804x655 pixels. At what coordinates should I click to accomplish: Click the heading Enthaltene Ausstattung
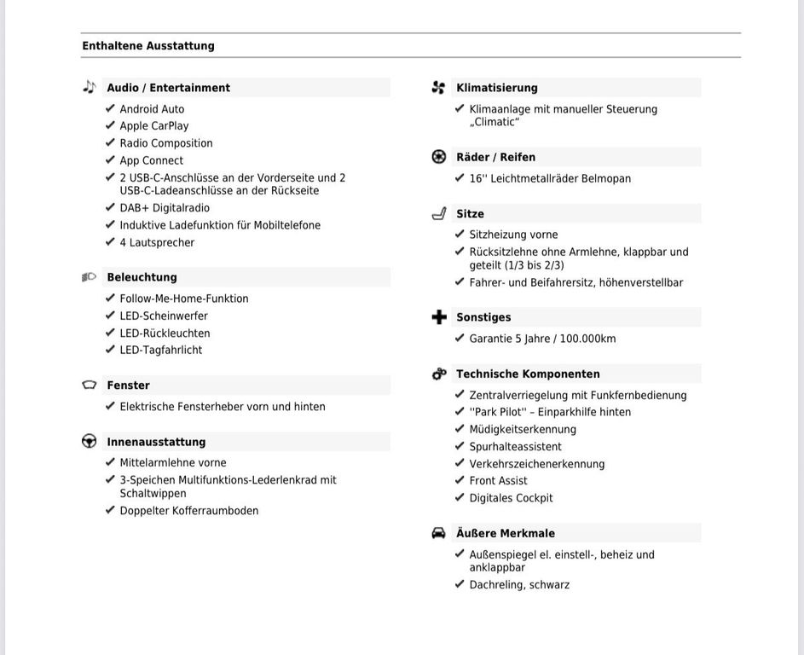[148, 46]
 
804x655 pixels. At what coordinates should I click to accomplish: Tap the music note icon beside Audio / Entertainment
[90, 87]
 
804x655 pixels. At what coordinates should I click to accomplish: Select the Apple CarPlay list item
[154, 126]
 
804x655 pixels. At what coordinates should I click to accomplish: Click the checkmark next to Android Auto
[110, 108]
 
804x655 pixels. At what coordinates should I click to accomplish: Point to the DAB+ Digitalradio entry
[165, 208]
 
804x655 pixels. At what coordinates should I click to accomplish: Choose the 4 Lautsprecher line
[157, 243]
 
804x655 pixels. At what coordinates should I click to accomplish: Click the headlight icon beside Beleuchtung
[89, 277]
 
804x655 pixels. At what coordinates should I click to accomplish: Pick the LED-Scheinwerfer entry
[164, 316]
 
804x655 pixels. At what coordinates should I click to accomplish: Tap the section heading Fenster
[128, 385]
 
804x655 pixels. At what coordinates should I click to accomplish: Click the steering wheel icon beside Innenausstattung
[89, 441]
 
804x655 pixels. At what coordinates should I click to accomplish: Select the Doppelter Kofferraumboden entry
[189, 511]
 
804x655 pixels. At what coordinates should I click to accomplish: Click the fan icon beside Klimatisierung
[439, 87]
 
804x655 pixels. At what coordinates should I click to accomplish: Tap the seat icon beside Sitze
[439, 213]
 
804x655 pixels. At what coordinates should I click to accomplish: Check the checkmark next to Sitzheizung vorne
[460, 234]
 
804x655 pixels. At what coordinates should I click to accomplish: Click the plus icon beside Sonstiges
[439, 317]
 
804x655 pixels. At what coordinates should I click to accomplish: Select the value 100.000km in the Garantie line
[587, 339]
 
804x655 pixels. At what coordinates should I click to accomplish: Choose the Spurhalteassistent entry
[515, 447]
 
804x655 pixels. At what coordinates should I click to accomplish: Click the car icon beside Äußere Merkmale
[439, 533]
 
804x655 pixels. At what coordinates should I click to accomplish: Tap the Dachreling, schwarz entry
[519, 585]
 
